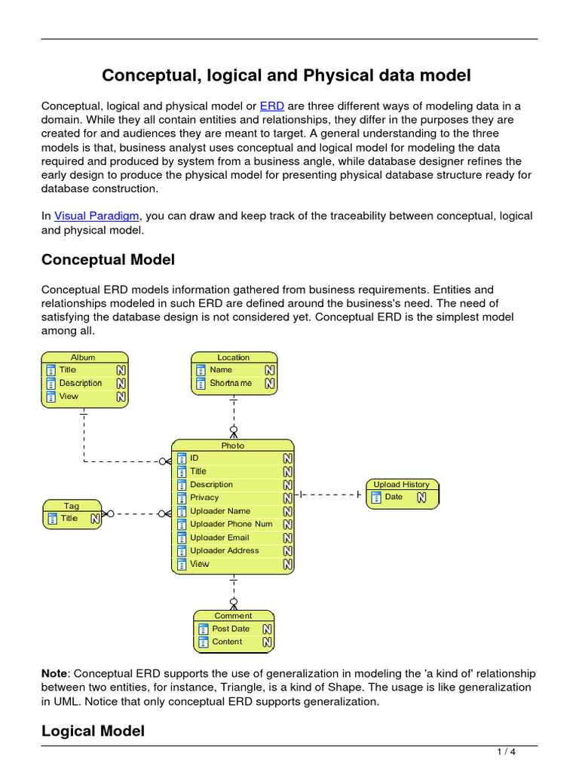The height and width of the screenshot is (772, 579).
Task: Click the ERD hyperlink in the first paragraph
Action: (x=271, y=106)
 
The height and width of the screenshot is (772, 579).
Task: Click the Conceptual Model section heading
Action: (x=108, y=259)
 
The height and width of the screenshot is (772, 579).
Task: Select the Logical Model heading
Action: (x=93, y=731)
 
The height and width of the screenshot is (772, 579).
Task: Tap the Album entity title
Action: (x=83, y=357)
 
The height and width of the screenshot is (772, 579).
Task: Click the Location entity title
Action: (x=233, y=357)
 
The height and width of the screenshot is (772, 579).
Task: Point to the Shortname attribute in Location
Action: (x=231, y=383)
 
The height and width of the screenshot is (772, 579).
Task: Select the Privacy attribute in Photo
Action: (x=204, y=498)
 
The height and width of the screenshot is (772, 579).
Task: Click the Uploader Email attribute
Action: (x=219, y=538)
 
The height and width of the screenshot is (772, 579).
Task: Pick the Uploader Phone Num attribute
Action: (x=231, y=524)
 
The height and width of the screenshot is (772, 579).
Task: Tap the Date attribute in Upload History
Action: (x=394, y=497)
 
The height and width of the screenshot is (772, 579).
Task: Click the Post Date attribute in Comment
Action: (x=231, y=629)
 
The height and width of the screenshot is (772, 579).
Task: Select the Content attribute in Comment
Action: (x=227, y=642)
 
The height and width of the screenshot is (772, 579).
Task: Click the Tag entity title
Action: (x=71, y=506)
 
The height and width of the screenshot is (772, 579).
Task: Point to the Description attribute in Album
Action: (x=80, y=383)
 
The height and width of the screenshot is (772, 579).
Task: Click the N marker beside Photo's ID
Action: (x=287, y=458)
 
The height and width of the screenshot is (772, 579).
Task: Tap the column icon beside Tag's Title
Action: (x=52, y=519)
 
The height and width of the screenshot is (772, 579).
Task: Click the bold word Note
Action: (x=54, y=672)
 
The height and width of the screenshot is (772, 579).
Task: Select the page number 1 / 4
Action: (x=506, y=752)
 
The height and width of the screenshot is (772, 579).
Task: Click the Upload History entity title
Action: (x=401, y=484)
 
